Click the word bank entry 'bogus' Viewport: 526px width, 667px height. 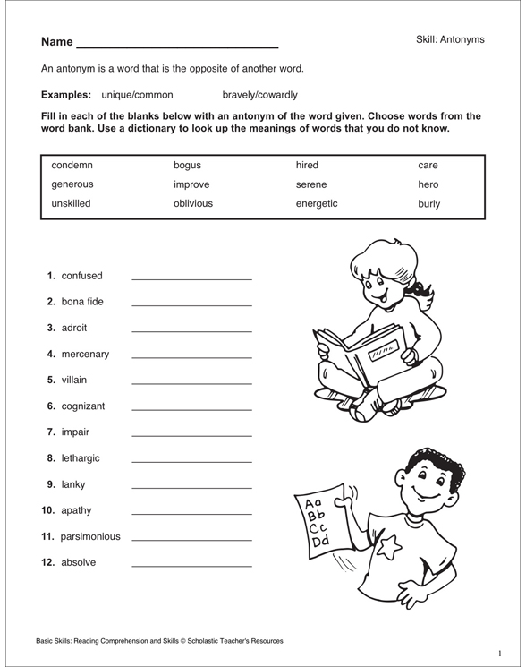click(x=187, y=166)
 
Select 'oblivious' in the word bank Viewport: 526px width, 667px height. click(x=193, y=203)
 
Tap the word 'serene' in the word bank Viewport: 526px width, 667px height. click(x=312, y=184)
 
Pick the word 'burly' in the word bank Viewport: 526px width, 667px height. click(x=428, y=203)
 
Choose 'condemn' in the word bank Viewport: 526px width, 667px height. click(x=72, y=166)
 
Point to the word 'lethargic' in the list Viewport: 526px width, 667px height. click(x=81, y=457)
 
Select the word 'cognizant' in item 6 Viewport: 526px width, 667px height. click(x=83, y=406)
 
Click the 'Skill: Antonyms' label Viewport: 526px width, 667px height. click(x=450, y=39)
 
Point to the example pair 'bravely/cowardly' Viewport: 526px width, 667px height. click(x=259, y=94)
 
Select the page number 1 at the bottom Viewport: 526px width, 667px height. click(x=500, y=653)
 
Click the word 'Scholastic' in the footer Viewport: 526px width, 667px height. click(x=192, y=641)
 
